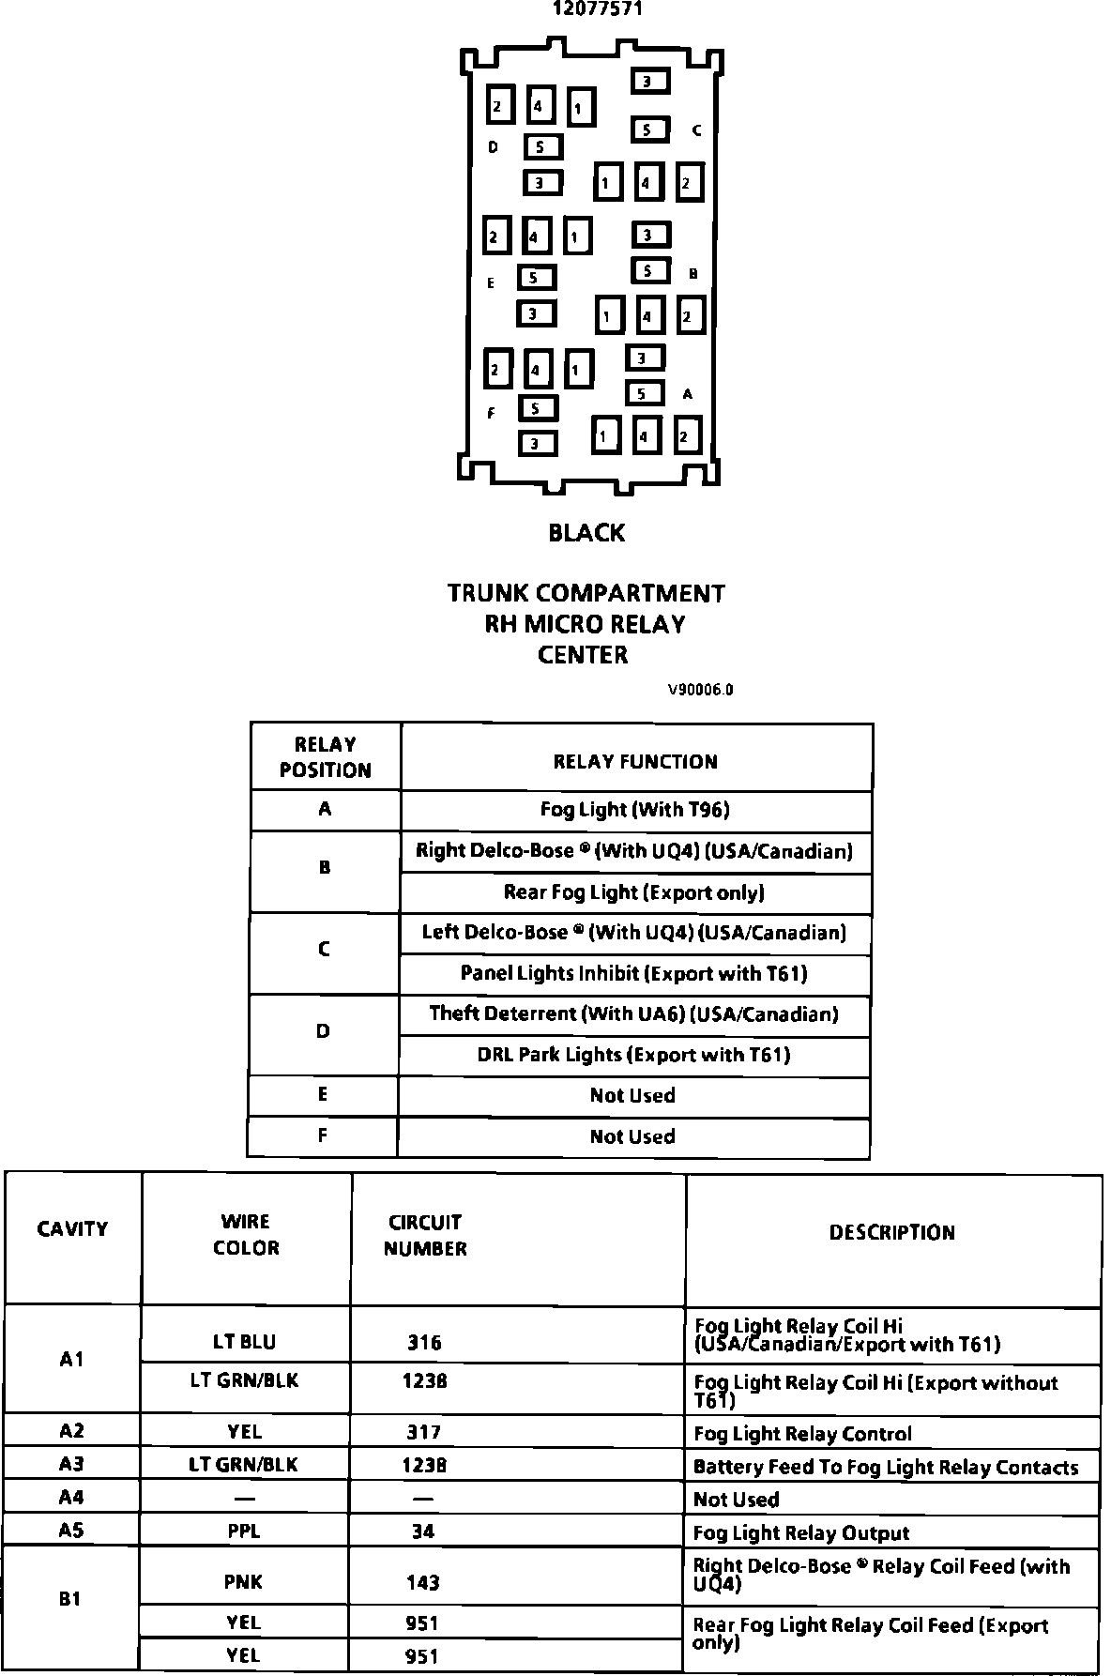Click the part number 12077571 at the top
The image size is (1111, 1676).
[597, 9]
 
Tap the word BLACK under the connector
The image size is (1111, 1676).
[586, 533]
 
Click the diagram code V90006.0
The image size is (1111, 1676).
[700, 690]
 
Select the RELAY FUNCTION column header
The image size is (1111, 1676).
[635, 761]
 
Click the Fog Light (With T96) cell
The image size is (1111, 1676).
[635, 809]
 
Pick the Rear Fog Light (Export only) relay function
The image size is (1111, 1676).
[634, 891]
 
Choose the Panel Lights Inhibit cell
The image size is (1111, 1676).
[634, 973]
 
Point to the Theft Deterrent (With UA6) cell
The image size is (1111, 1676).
[634, 1013]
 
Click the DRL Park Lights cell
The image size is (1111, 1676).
[634, 1055]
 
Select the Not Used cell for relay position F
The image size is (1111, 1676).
[632, 1136]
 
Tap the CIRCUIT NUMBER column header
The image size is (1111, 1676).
[425, 1235]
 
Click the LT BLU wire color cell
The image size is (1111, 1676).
[245, 1342]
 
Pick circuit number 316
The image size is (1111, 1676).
[424, 1342]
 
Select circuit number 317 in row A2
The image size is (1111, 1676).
[424, 1432]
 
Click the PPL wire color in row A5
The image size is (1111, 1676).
[244, 1531]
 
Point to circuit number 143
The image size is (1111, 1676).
[423, 1583]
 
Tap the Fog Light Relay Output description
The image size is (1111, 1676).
[801, 1533]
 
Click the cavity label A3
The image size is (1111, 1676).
[71, 1464]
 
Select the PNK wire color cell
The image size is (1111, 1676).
[243, 1583]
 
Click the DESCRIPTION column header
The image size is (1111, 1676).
[891, 1232]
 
